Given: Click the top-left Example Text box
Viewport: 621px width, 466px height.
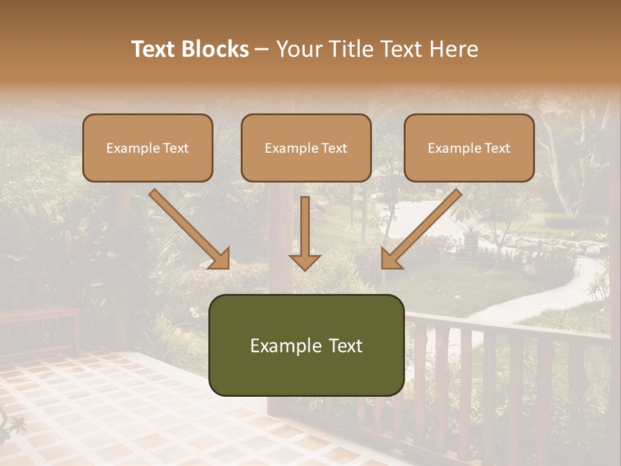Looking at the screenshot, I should pos(147,148).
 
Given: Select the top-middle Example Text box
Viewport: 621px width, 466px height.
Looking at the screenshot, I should pos(306,148).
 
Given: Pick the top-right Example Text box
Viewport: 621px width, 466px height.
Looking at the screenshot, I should pos(469,148).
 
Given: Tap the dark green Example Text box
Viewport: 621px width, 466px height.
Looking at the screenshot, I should pos(306,345).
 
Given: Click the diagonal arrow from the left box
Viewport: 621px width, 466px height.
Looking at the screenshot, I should pos(188,228).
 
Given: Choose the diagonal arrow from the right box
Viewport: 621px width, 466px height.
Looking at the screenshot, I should pos(422,228).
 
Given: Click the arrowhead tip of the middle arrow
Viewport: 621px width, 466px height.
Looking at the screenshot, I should pos(305,268).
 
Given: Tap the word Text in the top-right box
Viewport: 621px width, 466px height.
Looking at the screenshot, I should pos(497,148).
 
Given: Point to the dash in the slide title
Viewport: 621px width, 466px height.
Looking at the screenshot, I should pos(262,50).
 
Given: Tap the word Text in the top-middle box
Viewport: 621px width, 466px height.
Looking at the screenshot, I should pos(334,148).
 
